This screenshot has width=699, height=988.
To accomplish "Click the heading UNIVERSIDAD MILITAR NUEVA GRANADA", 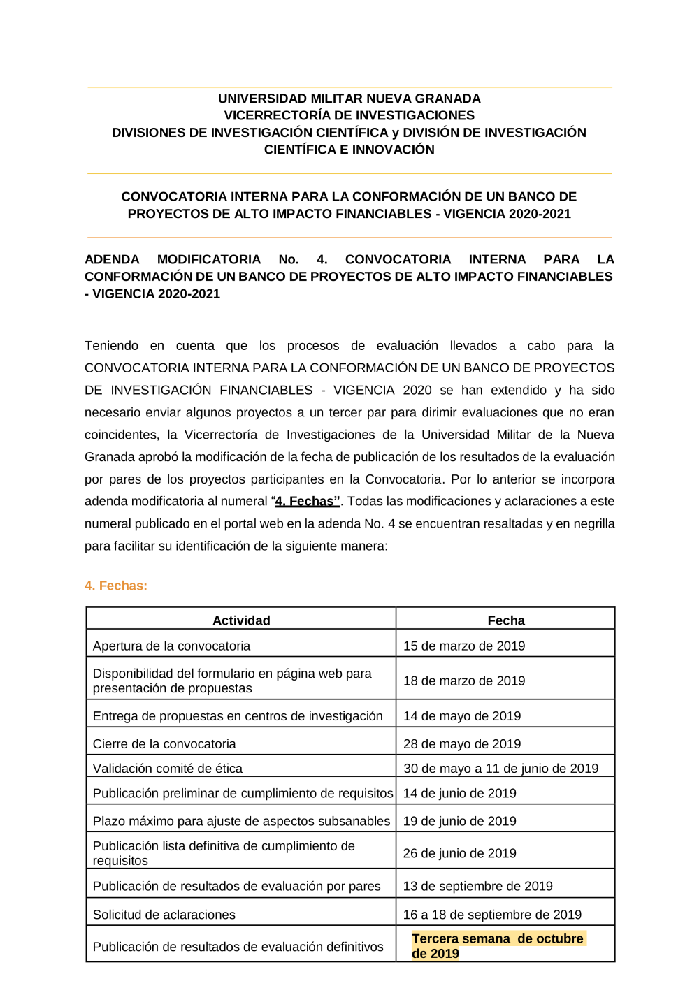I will tap(349, 99).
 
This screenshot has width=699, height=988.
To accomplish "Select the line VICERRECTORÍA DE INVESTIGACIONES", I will tap(349, 115).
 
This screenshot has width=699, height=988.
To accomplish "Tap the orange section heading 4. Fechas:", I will tap(116, 586).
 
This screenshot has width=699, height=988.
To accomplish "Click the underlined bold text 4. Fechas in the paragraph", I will tap(308, 501).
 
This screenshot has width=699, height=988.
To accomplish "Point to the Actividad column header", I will tap(241, 620).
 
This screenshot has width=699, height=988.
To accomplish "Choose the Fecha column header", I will tap(506, 620).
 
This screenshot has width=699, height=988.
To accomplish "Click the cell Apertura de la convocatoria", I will tap(171, 646).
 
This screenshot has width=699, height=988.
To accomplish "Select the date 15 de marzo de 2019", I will tap(464, 646).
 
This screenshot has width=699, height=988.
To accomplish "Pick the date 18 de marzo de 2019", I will tap(464, 681).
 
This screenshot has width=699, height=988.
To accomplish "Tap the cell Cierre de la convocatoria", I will tap(164, 744).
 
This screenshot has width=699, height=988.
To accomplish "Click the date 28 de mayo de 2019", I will tap(462, 744).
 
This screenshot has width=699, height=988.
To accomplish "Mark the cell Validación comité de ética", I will tap(168, 769).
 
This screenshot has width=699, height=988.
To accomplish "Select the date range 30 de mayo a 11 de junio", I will tap(500, 769).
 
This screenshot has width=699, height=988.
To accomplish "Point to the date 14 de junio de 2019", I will tap(460, 793).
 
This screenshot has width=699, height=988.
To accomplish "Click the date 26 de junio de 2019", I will tap(460, 853).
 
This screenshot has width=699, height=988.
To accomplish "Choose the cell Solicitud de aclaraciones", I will tap(164, 915).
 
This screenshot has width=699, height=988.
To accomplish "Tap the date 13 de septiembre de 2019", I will tap(478, 886).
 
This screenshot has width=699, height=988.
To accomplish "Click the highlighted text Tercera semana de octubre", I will tap(498, 939).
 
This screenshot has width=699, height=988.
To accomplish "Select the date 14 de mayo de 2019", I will tap(462, 716).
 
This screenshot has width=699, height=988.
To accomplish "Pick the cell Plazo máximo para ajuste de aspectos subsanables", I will tap(241, 821).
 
